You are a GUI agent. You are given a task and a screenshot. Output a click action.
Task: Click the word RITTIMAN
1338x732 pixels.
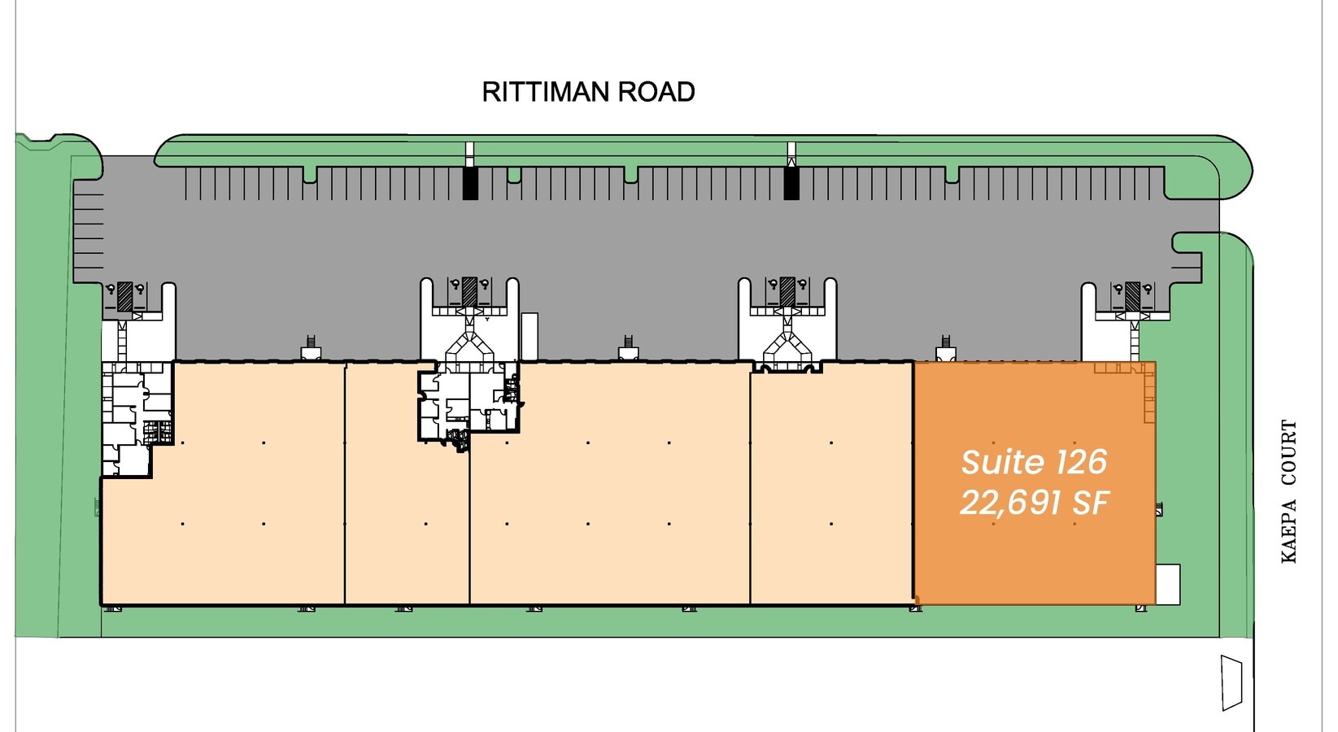pyautogui.click(x=545, y=92)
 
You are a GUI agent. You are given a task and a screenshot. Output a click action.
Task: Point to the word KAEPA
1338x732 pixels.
pyautogui.click(x=1289, y=531)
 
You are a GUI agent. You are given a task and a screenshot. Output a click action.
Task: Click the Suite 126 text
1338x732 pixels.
pyautogui.click(x=1034, y=462)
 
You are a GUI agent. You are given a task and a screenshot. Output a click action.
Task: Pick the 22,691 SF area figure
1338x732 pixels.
pyautogui.click(x=1034, y=503)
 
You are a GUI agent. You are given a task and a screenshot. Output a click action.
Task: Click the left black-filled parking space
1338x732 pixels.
pyautogui.click(x=470, y=183)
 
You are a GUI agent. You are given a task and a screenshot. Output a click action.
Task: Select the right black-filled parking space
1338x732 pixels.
pyautogui.click(x=791, y=183)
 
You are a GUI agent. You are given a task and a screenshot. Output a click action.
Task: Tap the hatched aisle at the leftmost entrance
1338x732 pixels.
pyautogui.click(x=124, y=296)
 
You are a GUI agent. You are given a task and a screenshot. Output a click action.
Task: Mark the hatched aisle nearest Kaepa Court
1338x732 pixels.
pyautogui.click(x=1132, y=296)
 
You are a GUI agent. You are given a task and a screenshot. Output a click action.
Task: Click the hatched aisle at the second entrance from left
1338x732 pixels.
pyautogui.click(x=469, y=293)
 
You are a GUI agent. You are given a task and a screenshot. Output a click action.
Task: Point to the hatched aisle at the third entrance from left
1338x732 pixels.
pyautogui.click(x=787, y=293)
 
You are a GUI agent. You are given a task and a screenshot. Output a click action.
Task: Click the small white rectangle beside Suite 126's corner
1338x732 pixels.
pyautogui.click(x=1168, y=585)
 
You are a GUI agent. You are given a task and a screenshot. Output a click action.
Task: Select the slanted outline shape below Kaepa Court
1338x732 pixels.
pyautogui.click(x=1231, y=683)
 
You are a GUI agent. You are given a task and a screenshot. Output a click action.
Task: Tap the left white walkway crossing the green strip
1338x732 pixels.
pyautogui.click(x=469, y=154)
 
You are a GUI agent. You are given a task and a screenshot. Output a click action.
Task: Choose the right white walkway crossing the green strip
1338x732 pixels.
pyautogui.click(x=791, y=154)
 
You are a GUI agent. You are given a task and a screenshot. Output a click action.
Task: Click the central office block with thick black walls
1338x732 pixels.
pyautogui.click(x=469, y=406)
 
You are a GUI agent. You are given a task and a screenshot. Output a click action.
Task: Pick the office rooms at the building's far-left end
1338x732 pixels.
pyautogui.click(x=137, y=418)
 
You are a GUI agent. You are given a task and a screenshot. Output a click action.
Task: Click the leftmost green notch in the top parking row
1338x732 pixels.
pyautogui.click(x=309, y=174)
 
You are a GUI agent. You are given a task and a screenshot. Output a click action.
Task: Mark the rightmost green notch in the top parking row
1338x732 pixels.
pyautogui.click(x=952, y=174)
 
